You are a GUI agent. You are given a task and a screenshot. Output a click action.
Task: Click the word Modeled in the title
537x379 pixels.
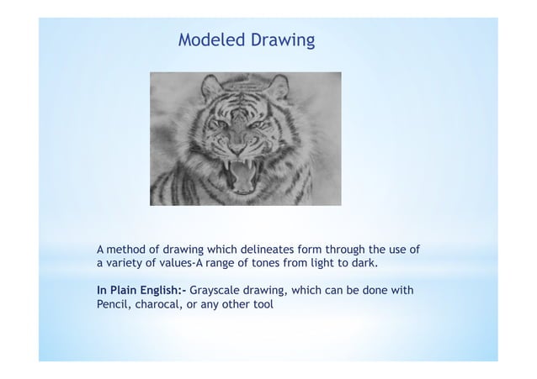[x=208, y=39]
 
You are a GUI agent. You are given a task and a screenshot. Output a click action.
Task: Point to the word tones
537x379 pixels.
[x=275, y=265]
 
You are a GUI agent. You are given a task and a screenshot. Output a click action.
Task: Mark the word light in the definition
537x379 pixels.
[x=323, y=265]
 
